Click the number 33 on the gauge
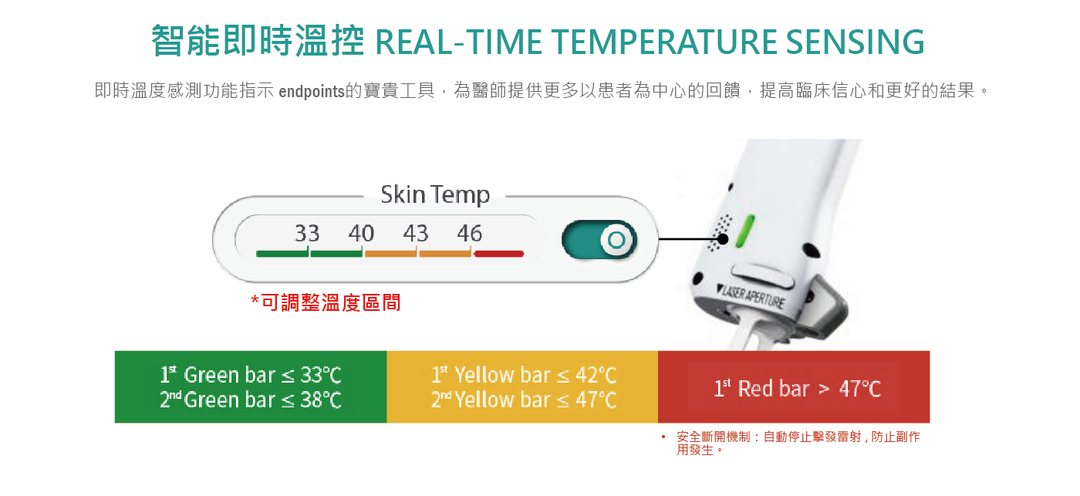(307, 233)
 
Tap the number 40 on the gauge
(361, 233)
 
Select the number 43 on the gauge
(416, 233)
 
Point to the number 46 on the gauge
(470, 233)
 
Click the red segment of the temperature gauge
(499, 253)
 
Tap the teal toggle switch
(599, 240)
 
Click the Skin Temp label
(435, 194)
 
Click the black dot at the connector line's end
(723, 239)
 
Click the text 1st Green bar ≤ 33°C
(251, 376)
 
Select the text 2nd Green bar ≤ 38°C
(251, 400)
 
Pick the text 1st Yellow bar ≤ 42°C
(524, 376)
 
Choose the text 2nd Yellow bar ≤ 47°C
(524, 400)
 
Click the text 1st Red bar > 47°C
(797, 388)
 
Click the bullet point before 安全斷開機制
(663, 437)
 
